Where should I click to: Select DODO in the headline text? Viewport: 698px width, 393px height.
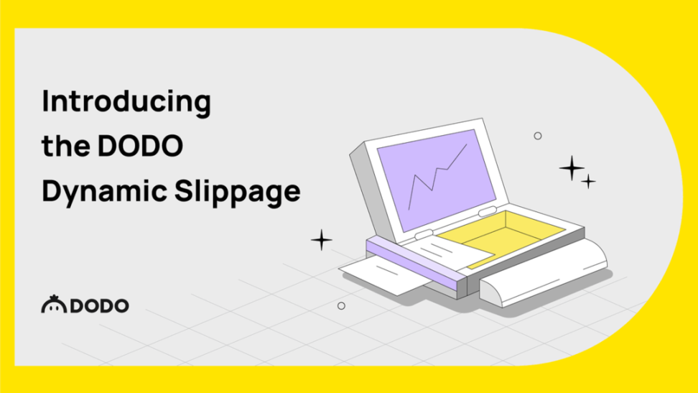pyautogui.click(x=140, y=146)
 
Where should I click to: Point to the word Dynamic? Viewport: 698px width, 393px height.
pyautogui.click(x=105, y=192)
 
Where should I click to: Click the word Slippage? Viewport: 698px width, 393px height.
pyautogui.click(x=237, y=192)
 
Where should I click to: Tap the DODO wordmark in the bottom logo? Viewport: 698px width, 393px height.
pyautogui.click(x=99, y=305)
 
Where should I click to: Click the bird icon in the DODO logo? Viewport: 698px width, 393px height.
pyautogui.click(x=54, y=304)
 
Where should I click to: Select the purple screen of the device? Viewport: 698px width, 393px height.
pyautogui.click(x=437, y=180)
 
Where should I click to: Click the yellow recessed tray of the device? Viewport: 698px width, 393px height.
pyautogui.click(x=501, y=236)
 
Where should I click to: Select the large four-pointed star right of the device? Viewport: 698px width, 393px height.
pyautogui.click(x=572, y=168)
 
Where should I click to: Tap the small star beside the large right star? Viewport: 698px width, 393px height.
pyautogui.click(x=588, y=181)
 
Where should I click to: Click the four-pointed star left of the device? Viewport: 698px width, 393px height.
pyautogui.click(x=322, y=240)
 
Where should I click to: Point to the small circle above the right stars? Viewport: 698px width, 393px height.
pyautogui.click(x=538, y=136)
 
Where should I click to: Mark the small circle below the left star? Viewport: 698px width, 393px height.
pyautogui.click(x=341, y=306)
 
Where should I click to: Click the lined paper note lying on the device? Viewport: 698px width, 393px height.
pyautogui.click(x=450, y=252)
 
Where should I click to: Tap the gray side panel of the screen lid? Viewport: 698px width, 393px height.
pyautogui.click(x=367, y=193)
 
